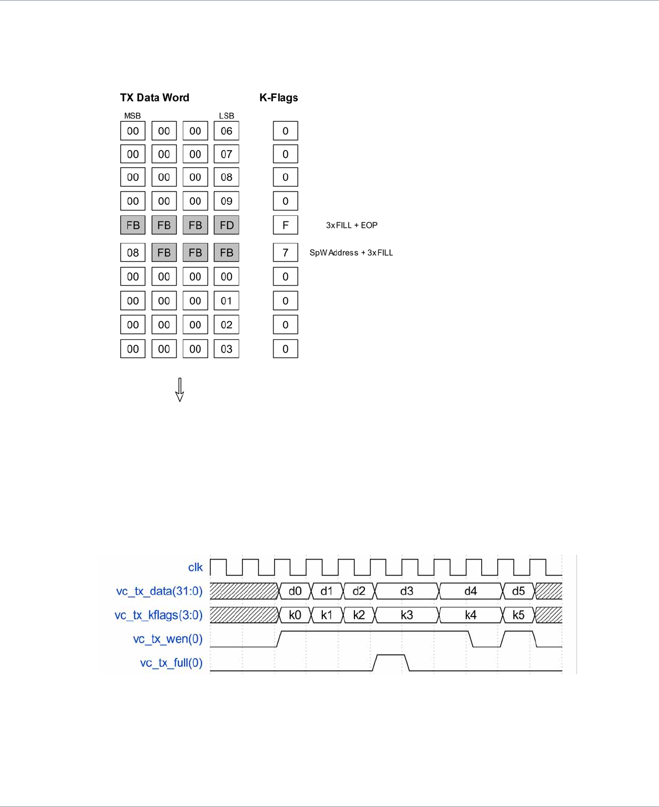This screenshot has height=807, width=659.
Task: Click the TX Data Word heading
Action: [155, 98]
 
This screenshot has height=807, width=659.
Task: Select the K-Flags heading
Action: [279, 98]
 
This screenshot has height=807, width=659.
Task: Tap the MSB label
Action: [132, 116]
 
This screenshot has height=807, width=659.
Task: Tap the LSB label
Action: [226, 116]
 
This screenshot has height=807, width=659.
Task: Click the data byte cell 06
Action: [226, 131]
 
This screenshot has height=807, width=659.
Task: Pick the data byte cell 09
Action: [226, 201]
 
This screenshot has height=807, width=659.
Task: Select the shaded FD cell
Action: [226, 225]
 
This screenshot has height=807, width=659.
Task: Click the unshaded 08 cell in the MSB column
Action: [133, 253]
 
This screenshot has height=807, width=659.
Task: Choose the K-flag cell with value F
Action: [285, 225]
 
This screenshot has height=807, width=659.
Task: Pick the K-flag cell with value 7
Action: [285, 253]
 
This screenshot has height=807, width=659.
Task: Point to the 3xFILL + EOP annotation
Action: [352, 225]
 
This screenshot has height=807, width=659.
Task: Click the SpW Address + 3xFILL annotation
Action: [351, 253]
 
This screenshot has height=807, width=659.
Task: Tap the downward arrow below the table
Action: [179, 390]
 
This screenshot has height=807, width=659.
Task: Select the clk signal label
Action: [195, 567]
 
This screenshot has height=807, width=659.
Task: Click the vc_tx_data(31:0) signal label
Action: [159, 591]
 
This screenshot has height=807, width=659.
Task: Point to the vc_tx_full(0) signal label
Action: [171, 663]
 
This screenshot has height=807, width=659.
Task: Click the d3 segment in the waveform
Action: [407, 591]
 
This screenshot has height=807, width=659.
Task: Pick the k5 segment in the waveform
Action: [518, 615]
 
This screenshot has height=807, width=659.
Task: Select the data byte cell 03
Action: [226, 349]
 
